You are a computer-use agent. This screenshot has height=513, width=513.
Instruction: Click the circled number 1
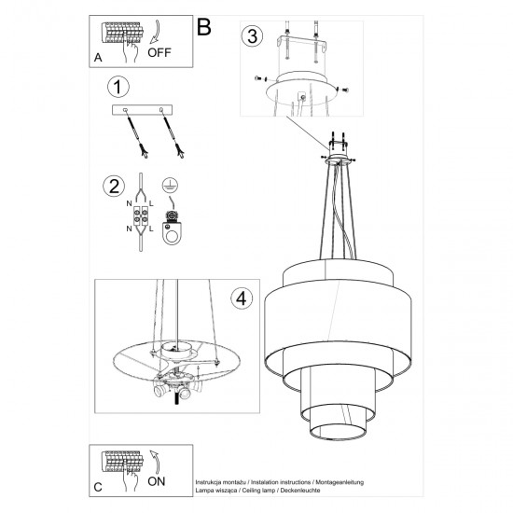coord(117,89)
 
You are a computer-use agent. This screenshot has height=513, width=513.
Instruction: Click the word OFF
coord(160,53)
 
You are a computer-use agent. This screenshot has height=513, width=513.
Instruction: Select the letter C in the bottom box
coord(99,485)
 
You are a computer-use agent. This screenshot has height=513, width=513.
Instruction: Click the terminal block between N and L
coord(142,217)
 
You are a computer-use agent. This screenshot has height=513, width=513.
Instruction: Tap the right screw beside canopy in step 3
coord(343,90)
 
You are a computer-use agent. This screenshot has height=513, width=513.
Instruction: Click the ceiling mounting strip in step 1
coord(145,110)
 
